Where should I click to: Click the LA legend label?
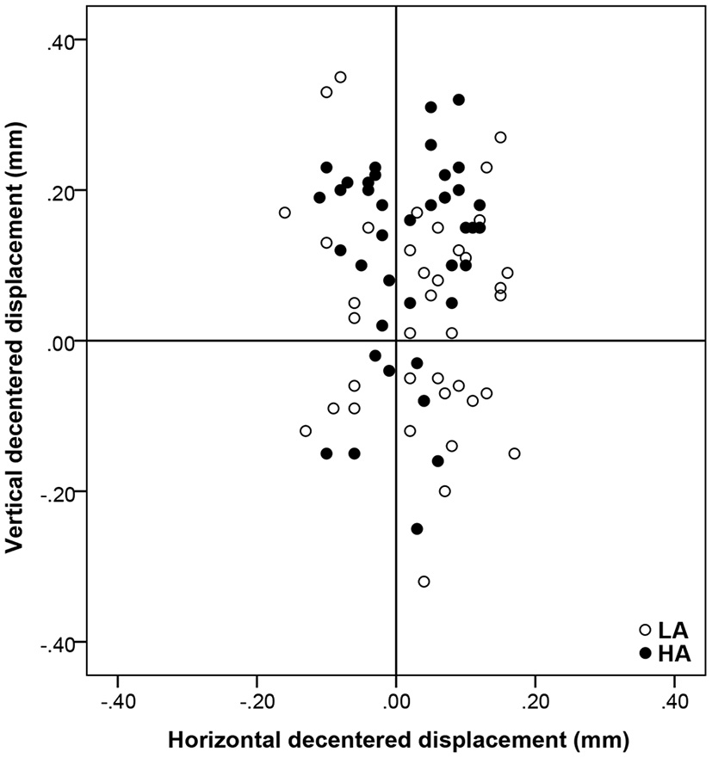[674, 631]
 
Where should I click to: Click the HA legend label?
[674, 655]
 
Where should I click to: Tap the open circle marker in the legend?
[646, 631]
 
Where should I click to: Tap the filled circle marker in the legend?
[646, 655]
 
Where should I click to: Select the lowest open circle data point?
[424, 582]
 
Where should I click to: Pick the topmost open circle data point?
[340, 77]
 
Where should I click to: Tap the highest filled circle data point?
[459, 100]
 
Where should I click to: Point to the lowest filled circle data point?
[417, 529]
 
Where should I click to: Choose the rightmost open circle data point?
[514, 453]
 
